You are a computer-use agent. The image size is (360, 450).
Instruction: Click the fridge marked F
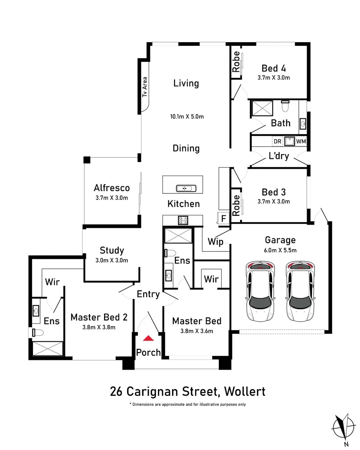coord(223,218)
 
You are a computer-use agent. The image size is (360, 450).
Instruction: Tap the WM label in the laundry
coord(301,142)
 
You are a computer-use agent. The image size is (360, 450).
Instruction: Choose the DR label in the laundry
coord(277,142)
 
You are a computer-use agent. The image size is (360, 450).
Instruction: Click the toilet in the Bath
coord(285,107)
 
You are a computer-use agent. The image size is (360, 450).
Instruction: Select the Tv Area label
coord(145,87)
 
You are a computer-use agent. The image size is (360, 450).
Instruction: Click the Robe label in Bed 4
coord(236,62)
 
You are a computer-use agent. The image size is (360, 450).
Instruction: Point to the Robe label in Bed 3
coord(236,205)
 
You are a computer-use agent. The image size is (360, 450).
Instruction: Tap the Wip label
coord(215,242)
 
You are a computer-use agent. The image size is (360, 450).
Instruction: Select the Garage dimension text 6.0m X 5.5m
coord(280,250)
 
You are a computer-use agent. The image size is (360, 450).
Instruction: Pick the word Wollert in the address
coord(245,392)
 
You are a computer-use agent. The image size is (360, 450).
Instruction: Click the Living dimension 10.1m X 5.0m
coord(186,116)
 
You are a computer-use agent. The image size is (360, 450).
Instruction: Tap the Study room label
coord(112,250)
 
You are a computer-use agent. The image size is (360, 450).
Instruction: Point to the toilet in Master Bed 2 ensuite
coord(37,332)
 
